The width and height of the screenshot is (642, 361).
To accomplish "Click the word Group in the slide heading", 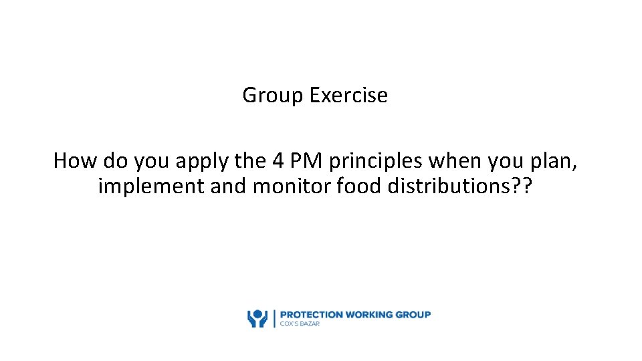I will [x=273, y=96].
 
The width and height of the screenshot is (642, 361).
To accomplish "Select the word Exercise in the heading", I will [x=348, y=95].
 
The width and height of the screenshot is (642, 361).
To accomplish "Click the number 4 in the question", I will [x=278, y=160].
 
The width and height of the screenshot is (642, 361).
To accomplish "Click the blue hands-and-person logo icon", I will [x=257, y=318].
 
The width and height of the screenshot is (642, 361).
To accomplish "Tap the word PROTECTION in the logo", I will [x=311, y=314].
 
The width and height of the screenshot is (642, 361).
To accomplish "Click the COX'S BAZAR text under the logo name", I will [x=300, y=324].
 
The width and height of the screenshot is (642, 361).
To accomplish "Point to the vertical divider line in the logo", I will [x=273, y=318].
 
